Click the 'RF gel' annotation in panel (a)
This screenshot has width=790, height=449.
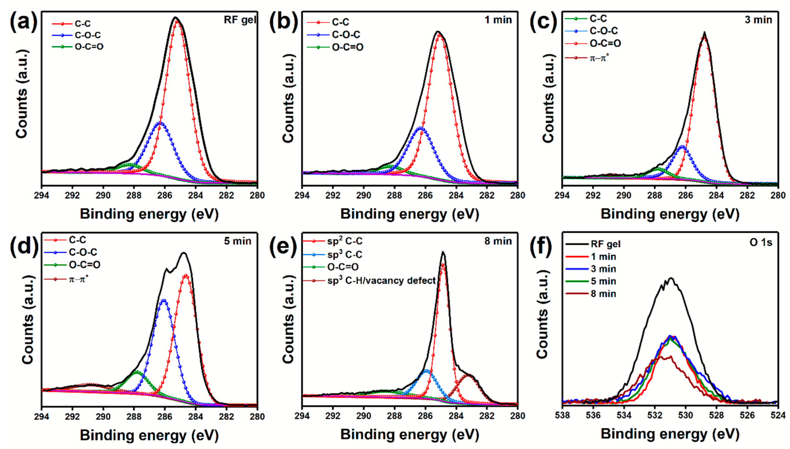[x=240, y=20]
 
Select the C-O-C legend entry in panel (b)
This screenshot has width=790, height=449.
[x=346, y=35]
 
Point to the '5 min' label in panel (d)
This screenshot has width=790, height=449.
[x=237, y=241]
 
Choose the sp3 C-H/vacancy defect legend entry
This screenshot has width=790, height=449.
[x=381, y=280]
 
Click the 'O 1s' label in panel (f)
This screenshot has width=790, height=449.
[x=761, y=242]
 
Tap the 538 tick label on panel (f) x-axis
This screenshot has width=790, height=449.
[x=563, y=415]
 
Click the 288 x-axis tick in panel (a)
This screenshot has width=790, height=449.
[x=134, y=195]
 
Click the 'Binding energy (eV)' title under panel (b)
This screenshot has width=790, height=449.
[x=410, y=214]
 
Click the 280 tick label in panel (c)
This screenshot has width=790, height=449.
[x=778, y=195]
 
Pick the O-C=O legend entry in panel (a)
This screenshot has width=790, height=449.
[x=89, y=47]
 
